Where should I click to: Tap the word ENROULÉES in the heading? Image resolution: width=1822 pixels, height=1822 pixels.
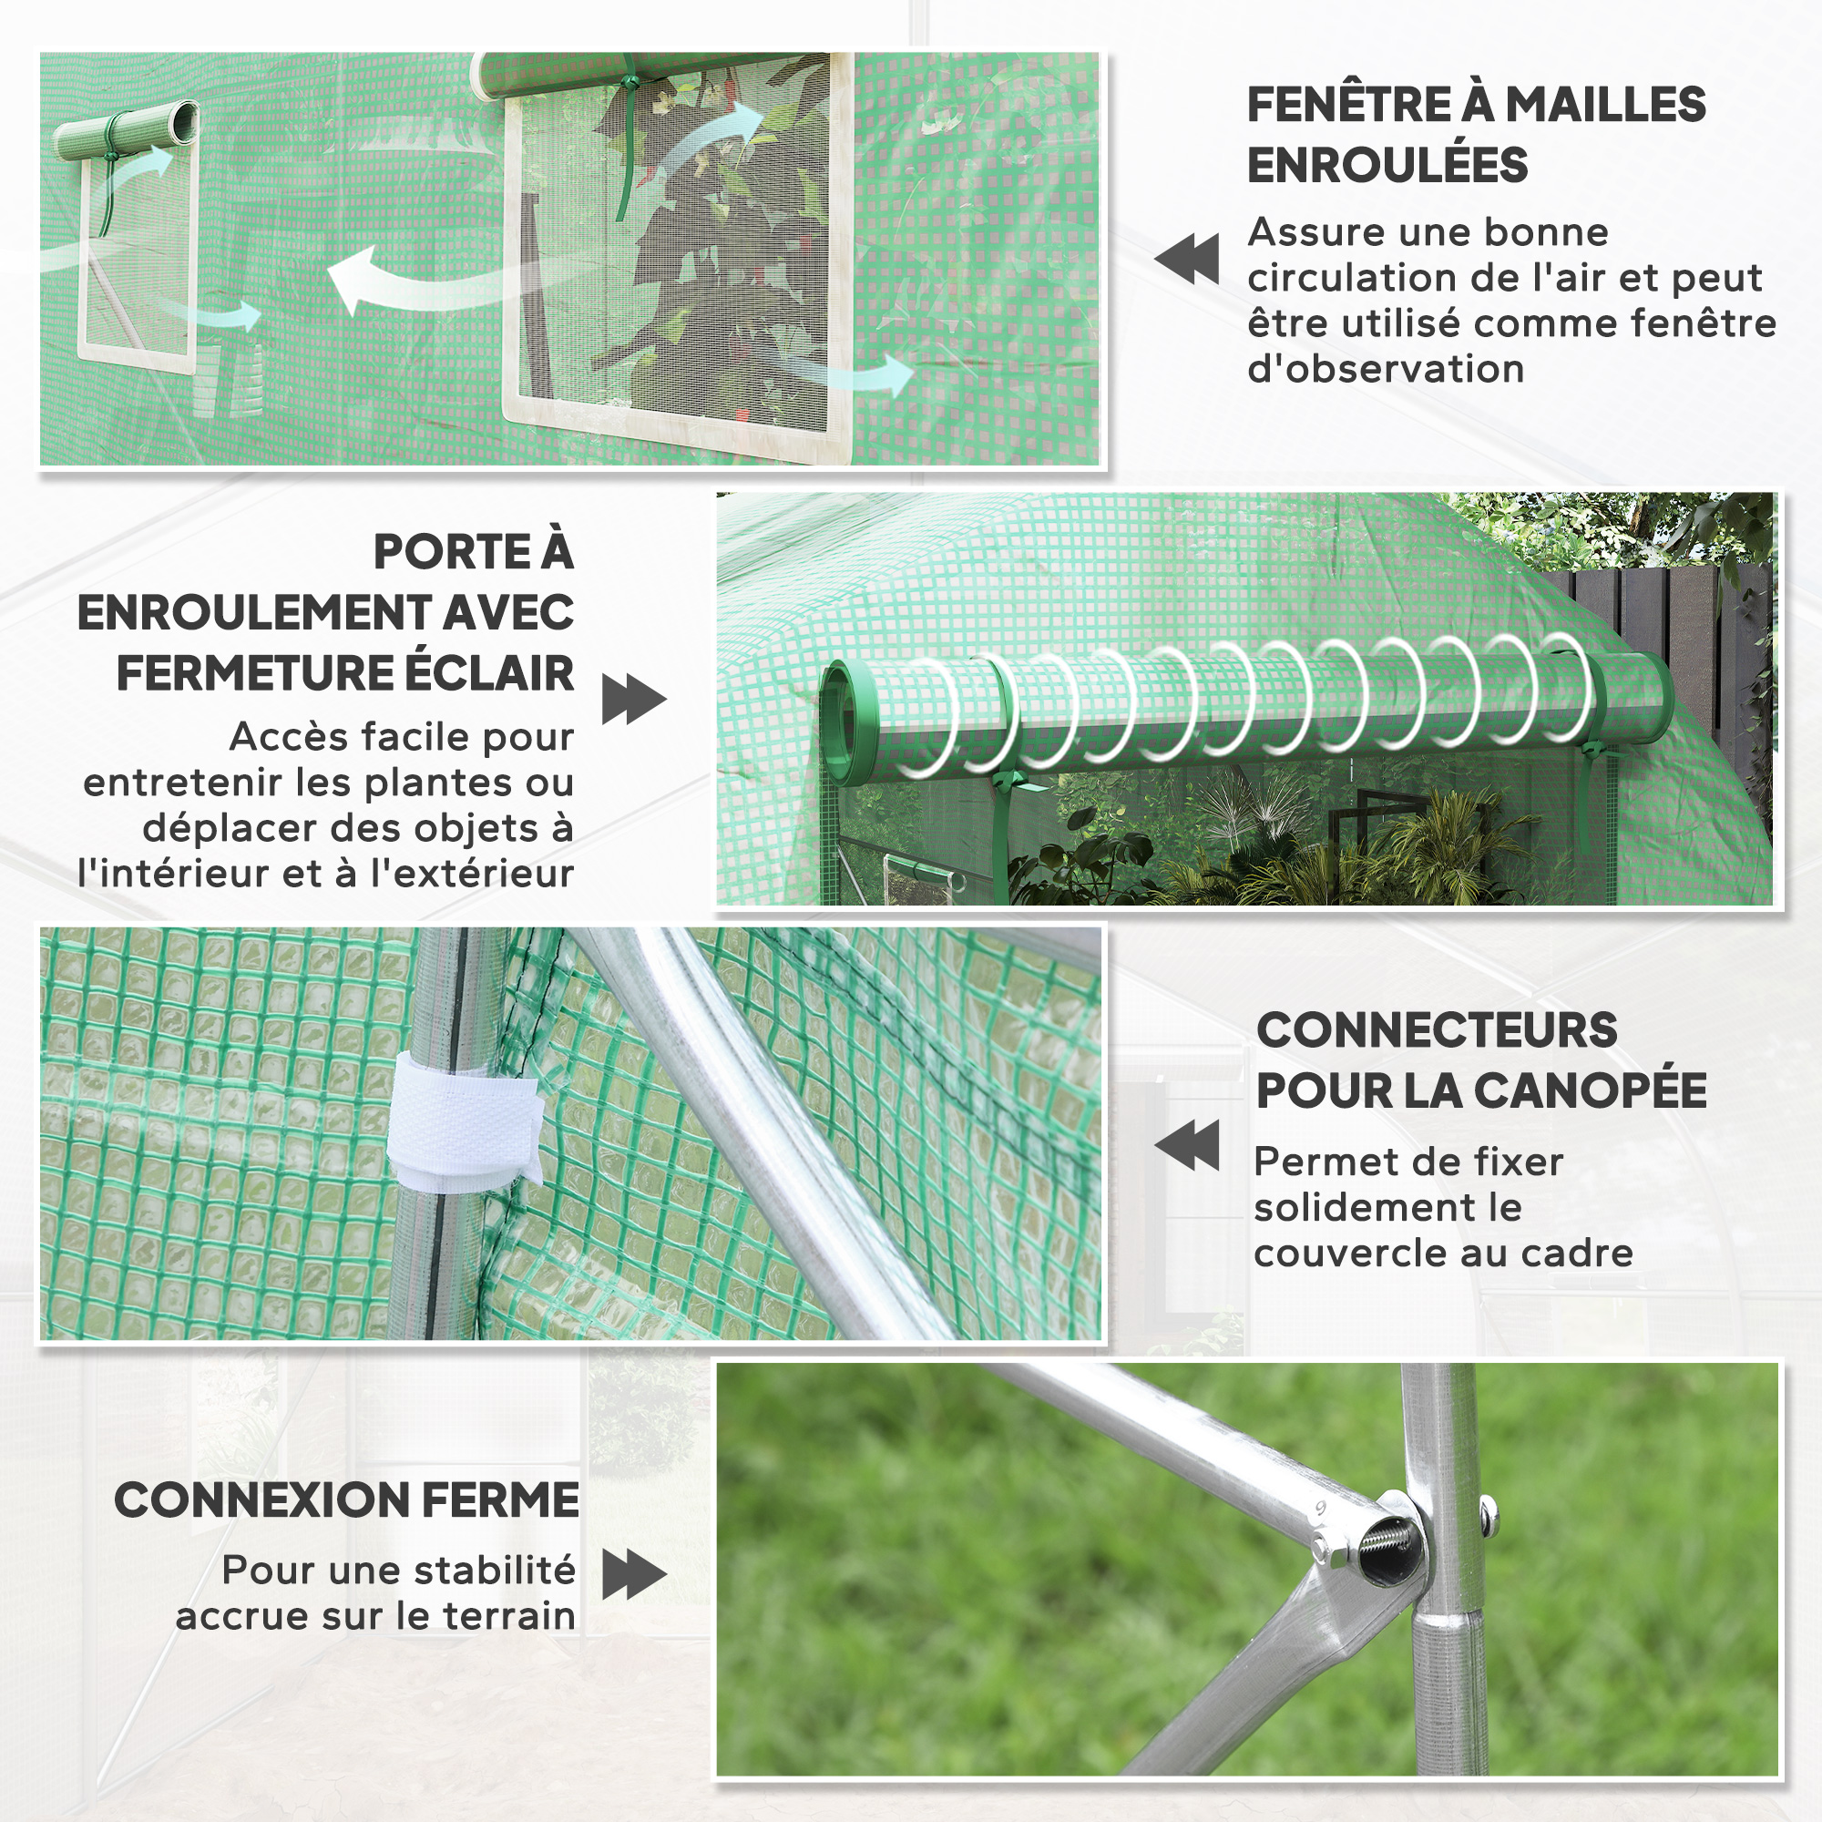tap(1387, 165)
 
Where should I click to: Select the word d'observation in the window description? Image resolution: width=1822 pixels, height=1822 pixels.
tap(1386, 369)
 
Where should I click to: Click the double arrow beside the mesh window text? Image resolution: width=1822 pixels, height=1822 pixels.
tap(1186, 259)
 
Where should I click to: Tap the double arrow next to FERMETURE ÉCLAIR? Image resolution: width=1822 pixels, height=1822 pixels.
tap(635, 699)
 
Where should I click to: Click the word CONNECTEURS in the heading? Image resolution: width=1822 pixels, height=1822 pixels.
tap(1437, 1029)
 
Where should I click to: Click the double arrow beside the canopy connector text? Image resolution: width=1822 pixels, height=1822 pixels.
tap(1186, 1145)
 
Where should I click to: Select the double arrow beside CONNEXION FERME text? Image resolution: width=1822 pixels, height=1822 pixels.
tap(635, 1574)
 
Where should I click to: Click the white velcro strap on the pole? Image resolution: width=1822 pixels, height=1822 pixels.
tap(464, 1120)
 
